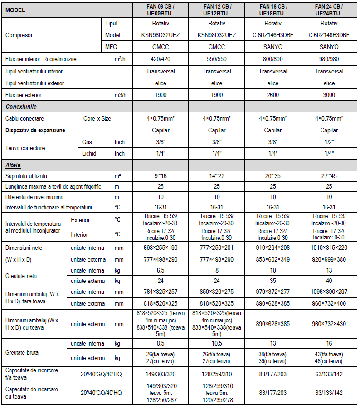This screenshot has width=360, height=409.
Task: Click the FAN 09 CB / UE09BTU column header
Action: click(x=160, y=10)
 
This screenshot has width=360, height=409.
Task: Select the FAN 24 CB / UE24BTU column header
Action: click(x=329, y=10)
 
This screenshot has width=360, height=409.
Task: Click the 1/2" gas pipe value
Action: click(x=329, y=142)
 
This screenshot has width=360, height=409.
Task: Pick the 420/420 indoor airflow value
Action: click(x=160, y=59)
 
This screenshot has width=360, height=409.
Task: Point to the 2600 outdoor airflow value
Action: click(x=273, y=95)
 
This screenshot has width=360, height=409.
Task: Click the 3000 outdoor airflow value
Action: click(x=329, y=95)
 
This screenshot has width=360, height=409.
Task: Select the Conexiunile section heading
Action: click(x=21, y=107)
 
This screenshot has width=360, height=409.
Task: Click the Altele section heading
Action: click(x=13, y=165)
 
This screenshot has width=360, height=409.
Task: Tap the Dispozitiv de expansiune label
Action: click(x=35, y=131)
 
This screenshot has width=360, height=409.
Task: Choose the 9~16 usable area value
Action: click(x=160, y=175)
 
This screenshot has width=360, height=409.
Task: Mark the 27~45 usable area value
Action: click(x=329, y=175)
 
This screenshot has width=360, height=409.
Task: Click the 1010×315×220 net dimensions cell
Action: click(x=329, y=248)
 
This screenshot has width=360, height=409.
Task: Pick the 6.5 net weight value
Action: click(x=160, y=271)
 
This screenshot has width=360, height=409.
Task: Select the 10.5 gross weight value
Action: click(x=217, y=344)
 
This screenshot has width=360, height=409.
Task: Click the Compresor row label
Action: click(x=19, y=35)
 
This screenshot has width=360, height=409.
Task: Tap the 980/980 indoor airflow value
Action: click(x=329, y=59)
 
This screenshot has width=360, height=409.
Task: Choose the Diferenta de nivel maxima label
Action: click(x=34, y=197)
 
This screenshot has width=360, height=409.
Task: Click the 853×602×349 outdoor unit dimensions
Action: click(x=273, y=260)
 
